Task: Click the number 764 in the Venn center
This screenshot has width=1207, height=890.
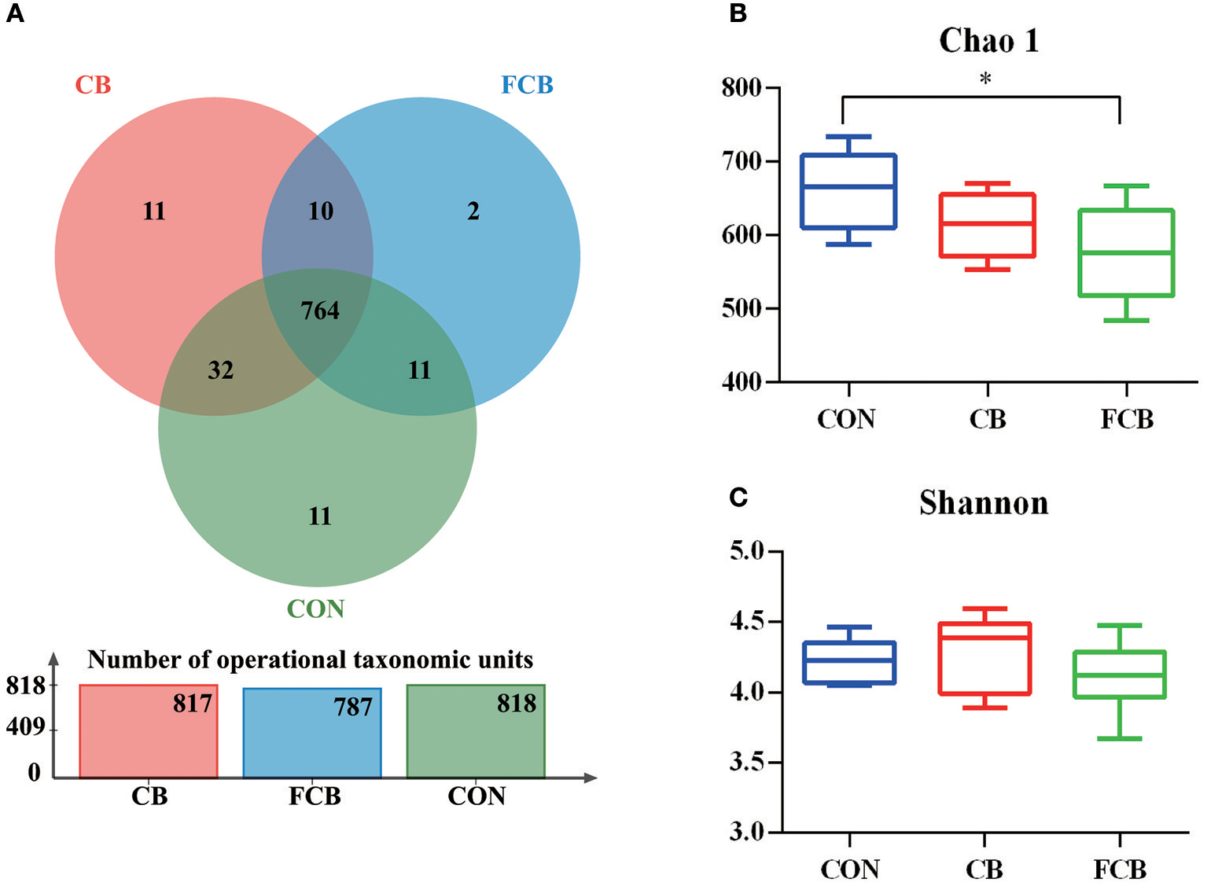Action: click(x=320, y=311)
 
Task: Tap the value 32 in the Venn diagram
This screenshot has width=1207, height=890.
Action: click(x=221, y=370)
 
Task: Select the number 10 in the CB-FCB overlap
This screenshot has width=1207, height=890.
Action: click(x=320, y=211)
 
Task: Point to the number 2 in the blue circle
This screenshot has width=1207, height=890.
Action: click(x=473, y=211)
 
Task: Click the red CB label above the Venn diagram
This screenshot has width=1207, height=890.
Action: click(x=93, y=85)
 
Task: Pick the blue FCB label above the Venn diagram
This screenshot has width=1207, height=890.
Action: click(x=527, y=85)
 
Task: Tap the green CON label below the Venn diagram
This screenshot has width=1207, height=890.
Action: click(x=315, y=609)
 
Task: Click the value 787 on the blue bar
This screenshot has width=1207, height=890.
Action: click(x=353, y=707)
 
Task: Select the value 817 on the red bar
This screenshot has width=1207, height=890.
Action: click(x=193, y=703)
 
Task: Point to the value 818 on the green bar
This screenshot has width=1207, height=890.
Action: click(x=517, y=703)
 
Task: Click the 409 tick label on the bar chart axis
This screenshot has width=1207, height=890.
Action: click(x=26, y=727)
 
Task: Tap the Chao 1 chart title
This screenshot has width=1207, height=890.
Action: click(x=988, y=40)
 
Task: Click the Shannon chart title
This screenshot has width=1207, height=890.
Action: click(x=984, y=502)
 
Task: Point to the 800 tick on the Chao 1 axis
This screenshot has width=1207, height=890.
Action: click(x=741, y=88)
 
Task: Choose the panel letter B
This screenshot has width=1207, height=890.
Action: click(x=738, y=13)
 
